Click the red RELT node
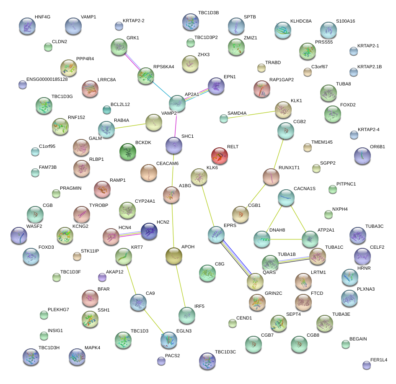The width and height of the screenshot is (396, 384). click(220, 156)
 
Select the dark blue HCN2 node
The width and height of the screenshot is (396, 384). click(149, 231)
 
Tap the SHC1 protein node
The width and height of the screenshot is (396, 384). click(174, 145)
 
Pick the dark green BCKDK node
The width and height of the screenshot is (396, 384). click(128, 152)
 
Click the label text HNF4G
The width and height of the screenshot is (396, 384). click(42, 17)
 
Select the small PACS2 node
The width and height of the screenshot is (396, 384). click(161, 361)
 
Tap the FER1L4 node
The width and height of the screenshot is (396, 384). click(367, 365)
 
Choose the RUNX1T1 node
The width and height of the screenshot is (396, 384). click(271, 177)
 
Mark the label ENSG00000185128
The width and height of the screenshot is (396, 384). click(47, 79)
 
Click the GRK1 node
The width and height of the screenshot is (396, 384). click(119, 47)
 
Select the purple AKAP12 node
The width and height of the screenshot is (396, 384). click(102, 277)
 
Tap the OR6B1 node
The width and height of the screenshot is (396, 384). click(362, 156)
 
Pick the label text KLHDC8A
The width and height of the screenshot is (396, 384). click(301, 21)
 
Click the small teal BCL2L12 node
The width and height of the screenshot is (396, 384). click(106, 110)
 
